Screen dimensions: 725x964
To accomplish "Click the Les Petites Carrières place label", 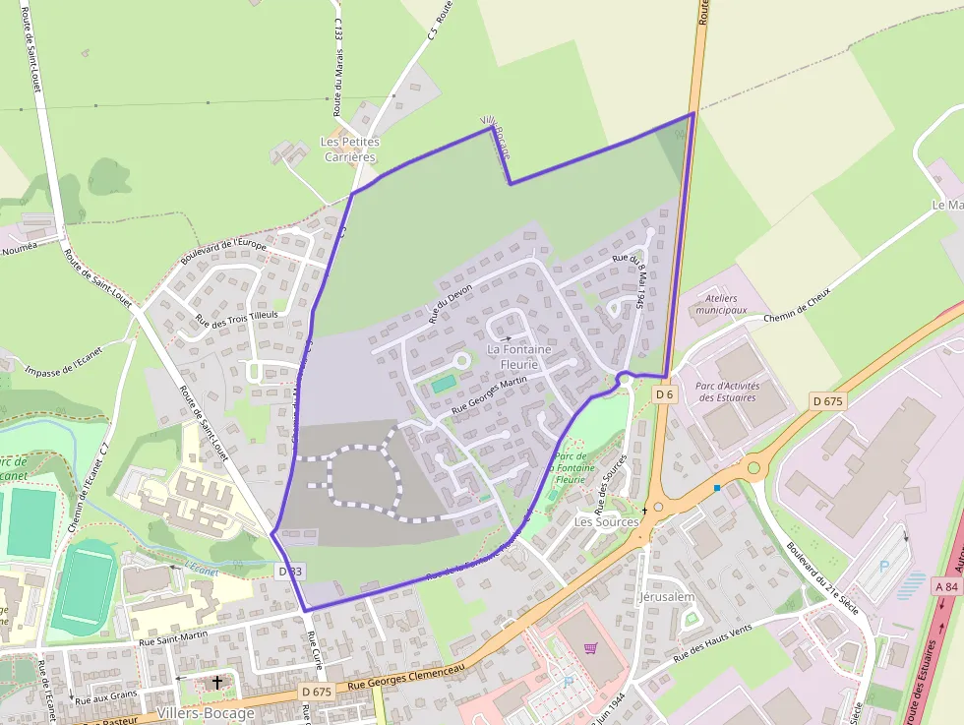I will [350, 150].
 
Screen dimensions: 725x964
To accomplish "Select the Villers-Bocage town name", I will [206, 713].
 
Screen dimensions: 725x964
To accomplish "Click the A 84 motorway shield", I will [946, 586].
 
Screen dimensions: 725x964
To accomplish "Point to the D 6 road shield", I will [665, 393].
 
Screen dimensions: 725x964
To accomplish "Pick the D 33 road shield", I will [290, 571].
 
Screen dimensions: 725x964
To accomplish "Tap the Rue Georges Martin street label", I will [490, 393].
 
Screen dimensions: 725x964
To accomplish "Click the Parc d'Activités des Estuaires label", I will [727, 392].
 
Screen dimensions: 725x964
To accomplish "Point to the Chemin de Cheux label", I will [798, 304].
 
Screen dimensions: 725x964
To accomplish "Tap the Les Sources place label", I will [606, 521].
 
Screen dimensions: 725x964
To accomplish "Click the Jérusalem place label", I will [667, 597].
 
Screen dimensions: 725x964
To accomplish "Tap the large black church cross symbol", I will [217, 681].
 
